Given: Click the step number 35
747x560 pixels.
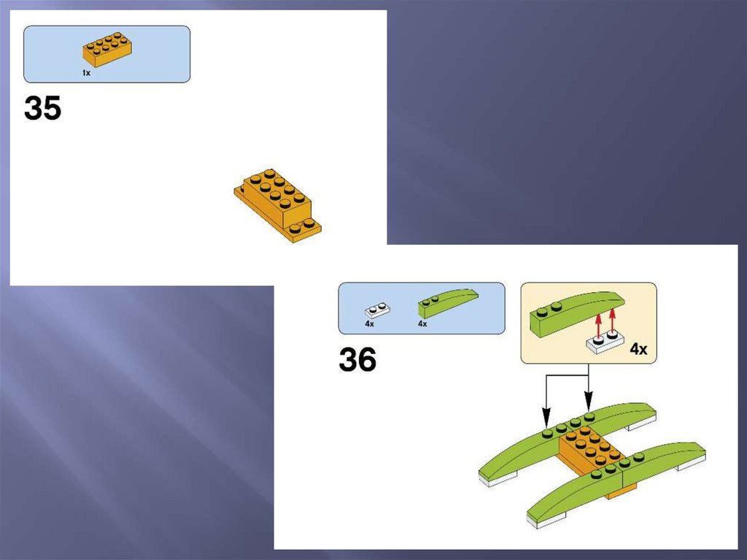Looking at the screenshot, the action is pos(42,108).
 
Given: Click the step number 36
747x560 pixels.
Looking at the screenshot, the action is pos(357,359).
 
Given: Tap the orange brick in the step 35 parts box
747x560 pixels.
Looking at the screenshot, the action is pos(107,49).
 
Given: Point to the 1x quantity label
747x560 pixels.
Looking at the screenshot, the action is pos(86,73).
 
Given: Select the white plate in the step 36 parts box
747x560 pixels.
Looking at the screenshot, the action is pos(377,310).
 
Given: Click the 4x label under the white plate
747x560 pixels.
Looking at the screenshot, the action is pos(369,324).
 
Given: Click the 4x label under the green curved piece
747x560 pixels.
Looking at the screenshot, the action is pos(422,324).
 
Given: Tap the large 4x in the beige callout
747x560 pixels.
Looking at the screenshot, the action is pos(638,349).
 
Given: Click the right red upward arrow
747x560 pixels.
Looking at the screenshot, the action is pos(612,319).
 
